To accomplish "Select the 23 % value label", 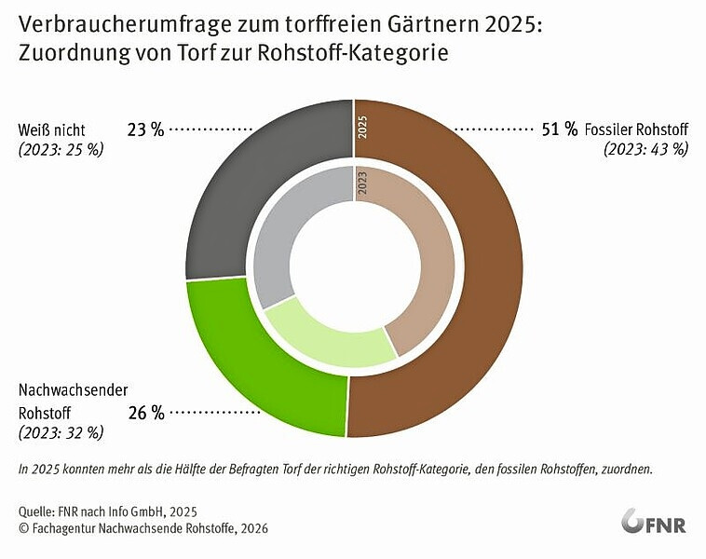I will tap(145, 130).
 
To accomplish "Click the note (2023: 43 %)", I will tap(645, 149).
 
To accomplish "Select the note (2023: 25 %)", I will tap(61, 149).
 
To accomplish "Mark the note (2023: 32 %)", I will tap(61, 432).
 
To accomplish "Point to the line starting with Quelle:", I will tap(107, 511).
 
